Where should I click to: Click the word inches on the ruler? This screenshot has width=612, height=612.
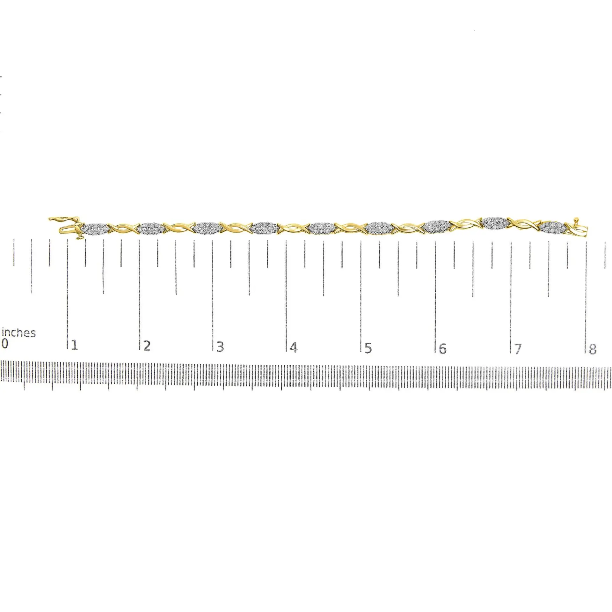(x=18, y=333)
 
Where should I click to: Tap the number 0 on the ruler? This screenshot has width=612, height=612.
(x=4, y=344)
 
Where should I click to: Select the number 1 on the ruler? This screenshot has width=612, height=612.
(x=74, y=345)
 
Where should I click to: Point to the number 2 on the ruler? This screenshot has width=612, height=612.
(x=147, y=346)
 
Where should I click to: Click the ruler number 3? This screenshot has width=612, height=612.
(x=220, y=346)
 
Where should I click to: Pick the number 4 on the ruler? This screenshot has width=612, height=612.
(x=294, y=347)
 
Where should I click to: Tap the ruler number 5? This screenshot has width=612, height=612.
(x=368, y=348)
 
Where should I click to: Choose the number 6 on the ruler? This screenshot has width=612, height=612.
(x=442, y=348)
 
